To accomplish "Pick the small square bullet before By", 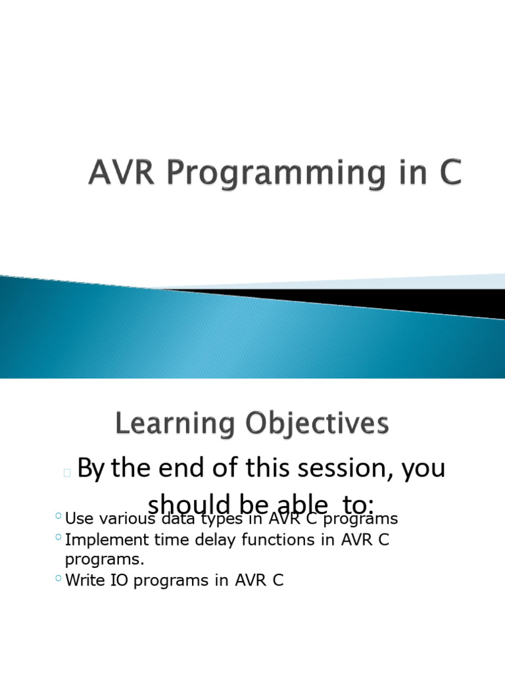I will (x=67, y=472).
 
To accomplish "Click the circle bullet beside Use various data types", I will (x=59, y=517).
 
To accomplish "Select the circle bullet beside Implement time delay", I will (x=59, y=538).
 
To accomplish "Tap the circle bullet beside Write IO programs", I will (x=59, y=579).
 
